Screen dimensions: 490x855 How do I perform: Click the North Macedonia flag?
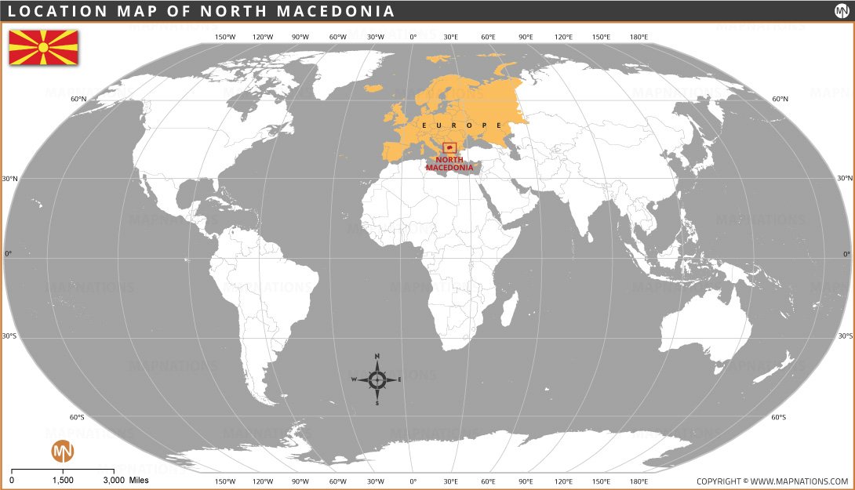(x=43, y=48)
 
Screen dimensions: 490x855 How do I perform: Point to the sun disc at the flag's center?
(x=43, y=48)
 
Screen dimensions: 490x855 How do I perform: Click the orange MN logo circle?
(x=62, y=451)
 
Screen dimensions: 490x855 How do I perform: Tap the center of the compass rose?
(x=377, y=380)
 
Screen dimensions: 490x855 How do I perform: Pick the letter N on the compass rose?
(x=377, y=357)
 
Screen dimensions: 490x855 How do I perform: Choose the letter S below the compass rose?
(x=377, y=404)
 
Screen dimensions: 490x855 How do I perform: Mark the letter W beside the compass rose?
(x=354, y=380)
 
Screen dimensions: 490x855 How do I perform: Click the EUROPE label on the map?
(x=461, y=125)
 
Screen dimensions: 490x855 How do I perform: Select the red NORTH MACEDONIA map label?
(x=449, y=163)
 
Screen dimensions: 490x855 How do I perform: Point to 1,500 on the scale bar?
(x=63, y=480)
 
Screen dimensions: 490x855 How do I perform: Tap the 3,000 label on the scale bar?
(x=113, y=480)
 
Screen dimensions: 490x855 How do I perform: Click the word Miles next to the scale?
(x=139, y=480)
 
